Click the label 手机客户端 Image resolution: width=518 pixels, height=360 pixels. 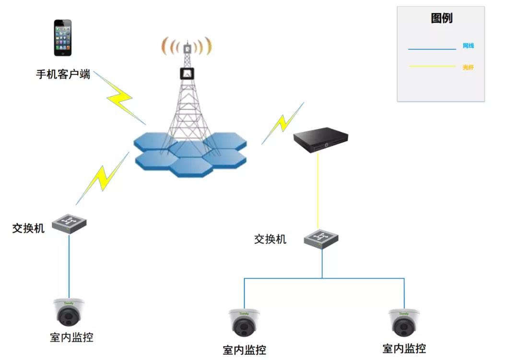(x=63, y=74)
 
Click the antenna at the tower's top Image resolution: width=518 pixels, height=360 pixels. (x=187, y=48)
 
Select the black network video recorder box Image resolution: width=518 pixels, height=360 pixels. (x=320, y=139)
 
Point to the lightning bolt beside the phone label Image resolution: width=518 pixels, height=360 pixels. (x=120, y=98)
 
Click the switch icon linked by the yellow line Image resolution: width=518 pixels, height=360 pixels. (x=321, y=238)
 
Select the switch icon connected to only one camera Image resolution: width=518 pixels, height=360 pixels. (x=70, y=223)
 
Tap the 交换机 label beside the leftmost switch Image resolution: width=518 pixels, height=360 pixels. (x=28, y=228)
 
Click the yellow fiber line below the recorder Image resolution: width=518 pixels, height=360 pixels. (x=318, y=192)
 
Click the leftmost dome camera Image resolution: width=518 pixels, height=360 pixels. (x=69, y=312)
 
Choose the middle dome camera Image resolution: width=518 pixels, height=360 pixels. (x=244, y=323)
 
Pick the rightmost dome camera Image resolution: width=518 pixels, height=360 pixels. (x=404, y=323)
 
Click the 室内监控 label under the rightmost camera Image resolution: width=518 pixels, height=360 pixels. (x=404, y=348)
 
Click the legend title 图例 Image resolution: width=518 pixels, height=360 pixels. (x=441, y=19)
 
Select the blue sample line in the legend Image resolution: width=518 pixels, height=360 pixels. (x=432, y=49)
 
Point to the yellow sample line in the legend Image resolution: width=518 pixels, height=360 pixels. (x=432, y=67)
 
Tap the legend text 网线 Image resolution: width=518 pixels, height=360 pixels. (x=468, y=46)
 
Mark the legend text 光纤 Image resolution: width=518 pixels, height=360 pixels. (x=468, y=68)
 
